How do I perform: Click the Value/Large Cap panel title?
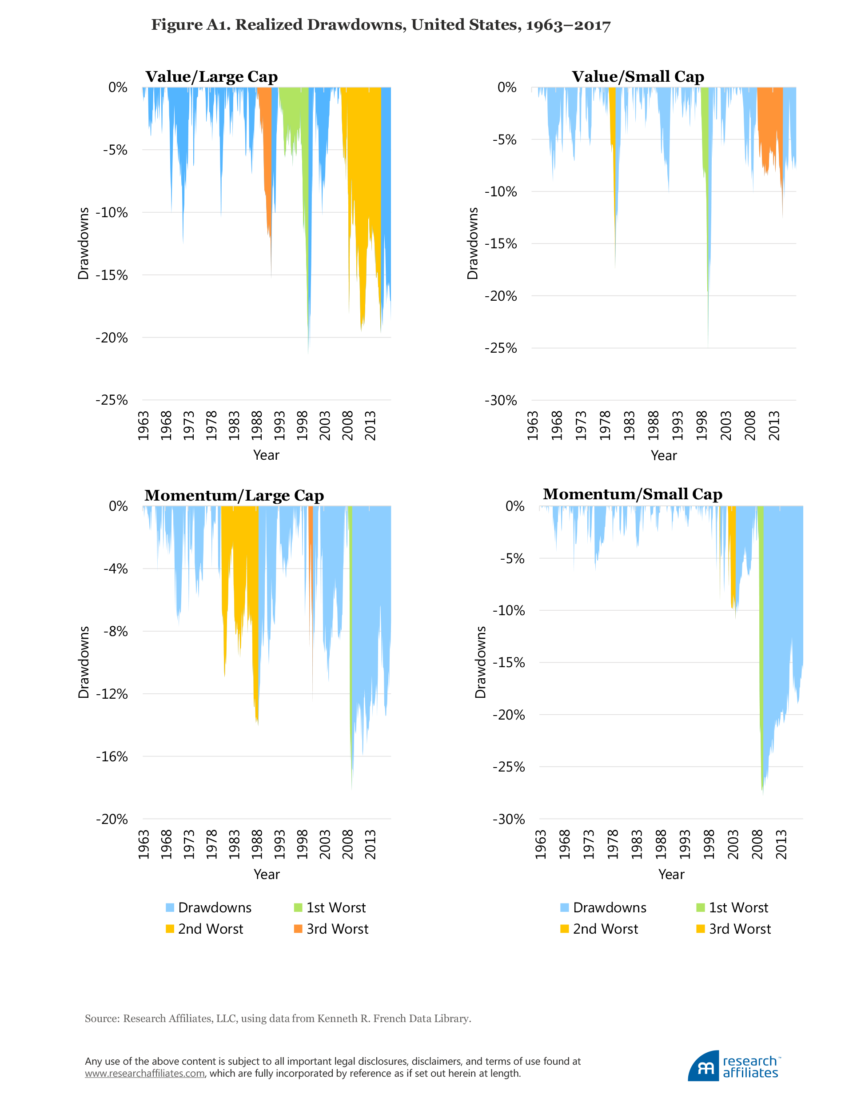click(x=211, y=77)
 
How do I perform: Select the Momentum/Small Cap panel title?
click(x=632, y=494)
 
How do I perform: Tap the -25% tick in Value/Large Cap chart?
click(x=112, y=400)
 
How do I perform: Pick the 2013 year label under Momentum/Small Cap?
click(x=781, y=844)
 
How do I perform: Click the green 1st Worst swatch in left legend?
click(x=298, y=907)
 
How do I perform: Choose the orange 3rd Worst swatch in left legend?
click(x=298, y=929)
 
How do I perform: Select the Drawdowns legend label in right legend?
click(x=610, y=907)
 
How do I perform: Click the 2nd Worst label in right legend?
click(x=606, y=929)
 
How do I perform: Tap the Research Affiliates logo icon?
click(x=704, y=1066)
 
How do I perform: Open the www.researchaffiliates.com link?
click(x=145, y=1074)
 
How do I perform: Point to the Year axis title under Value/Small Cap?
click(x=664, y=455)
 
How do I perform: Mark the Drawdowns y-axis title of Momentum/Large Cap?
click(x=84, y=662)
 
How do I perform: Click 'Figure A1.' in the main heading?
click(x=191, y=25)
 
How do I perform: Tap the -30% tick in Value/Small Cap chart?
click(x=500, y=400)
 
